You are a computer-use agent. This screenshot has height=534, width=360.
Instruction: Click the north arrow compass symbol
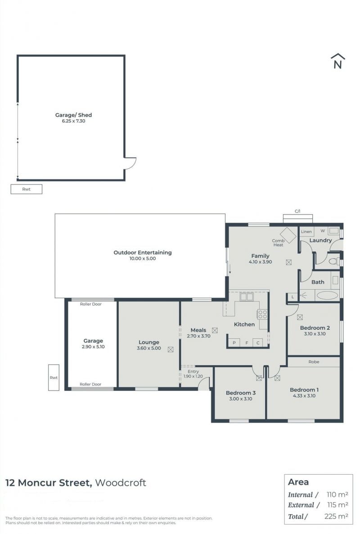click(x=337, y=61)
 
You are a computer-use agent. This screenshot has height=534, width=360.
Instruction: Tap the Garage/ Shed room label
click(x=73, y=115)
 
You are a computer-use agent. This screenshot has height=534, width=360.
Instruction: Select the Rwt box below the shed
click(x=26, y=189)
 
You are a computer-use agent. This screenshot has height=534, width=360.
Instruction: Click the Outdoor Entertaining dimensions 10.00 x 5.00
click(x=142, y=259)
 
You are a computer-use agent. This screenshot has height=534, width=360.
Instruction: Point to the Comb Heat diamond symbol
click(x=288, y=235)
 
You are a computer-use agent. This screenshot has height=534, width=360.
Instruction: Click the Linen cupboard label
click(x=306, y=232)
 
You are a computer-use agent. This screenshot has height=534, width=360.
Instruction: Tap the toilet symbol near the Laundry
click(x=334, y=261)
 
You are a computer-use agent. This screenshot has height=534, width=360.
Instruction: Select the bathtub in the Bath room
click(x=327, y=295)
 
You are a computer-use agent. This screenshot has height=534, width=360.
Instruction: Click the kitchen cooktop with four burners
click(x=262, y=314)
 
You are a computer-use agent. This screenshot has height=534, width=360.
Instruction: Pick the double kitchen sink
click(x=246, y=296)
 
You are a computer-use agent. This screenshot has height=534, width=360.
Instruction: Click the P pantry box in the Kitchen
click(x=234, y=343)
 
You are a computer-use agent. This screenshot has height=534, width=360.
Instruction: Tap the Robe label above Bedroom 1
click(x=314, y=362)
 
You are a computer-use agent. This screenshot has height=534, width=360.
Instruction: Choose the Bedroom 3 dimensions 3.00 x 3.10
click(x=240, y=399)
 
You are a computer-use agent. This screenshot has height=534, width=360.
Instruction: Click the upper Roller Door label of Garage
click(x=90, y=304)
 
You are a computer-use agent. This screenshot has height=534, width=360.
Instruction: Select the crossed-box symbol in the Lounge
click(x=171, y=350)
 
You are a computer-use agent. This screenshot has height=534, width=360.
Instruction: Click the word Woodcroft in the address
click(x=121, y=483)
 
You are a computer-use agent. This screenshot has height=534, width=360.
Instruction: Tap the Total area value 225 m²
click(x=336, y=516)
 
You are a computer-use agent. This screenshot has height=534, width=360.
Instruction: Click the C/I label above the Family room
click(x=297, y=211)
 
